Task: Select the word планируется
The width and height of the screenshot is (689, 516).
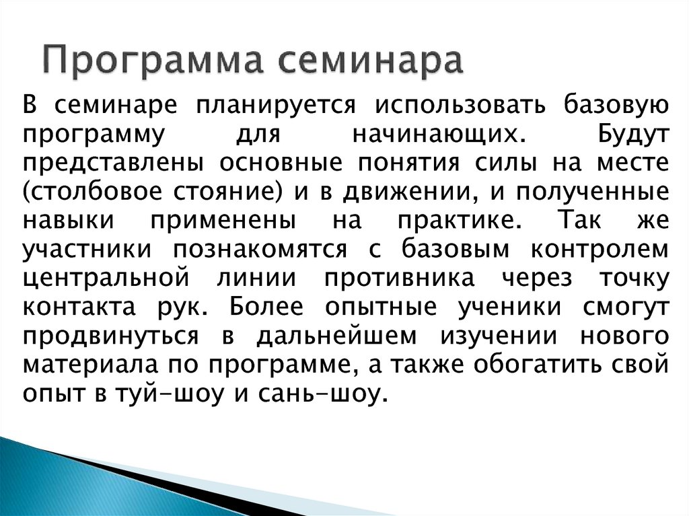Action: click(x=276, y=106)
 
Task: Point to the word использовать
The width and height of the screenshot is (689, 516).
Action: click(x=458, y=106)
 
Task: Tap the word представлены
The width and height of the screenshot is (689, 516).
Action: click(x=111, y=164)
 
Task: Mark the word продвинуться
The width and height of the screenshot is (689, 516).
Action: click(x=111, y=336)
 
